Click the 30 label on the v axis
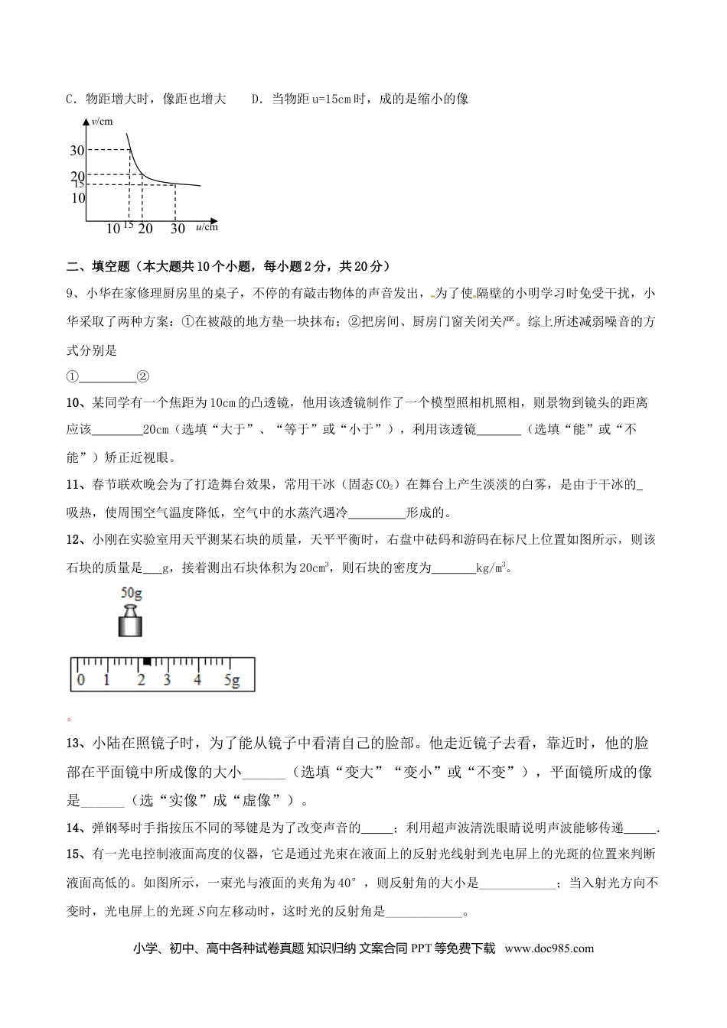pyautogui.click(x=77, y=151)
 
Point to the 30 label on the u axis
pyautogui.click(x=177, y=228)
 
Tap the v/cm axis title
pyautogui.click(x=102, y=121)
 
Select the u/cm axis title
pyautogui.click(x=207, y=226)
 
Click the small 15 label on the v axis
pyautogui.click(x=78, y=184)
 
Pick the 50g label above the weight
pyautogui.click(x=132, y=592)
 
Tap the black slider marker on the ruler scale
pyautogui.click(x=146, y=660)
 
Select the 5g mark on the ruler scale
pyautogui.click(x=232, y=679)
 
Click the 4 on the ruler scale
pyautogui.click(x=197, y=679)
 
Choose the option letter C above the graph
pyautogui.click(x=70, y=99)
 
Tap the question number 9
pyautogui.click(x=70, y=294)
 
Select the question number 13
pyautogui.click(x=75, y=743)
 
